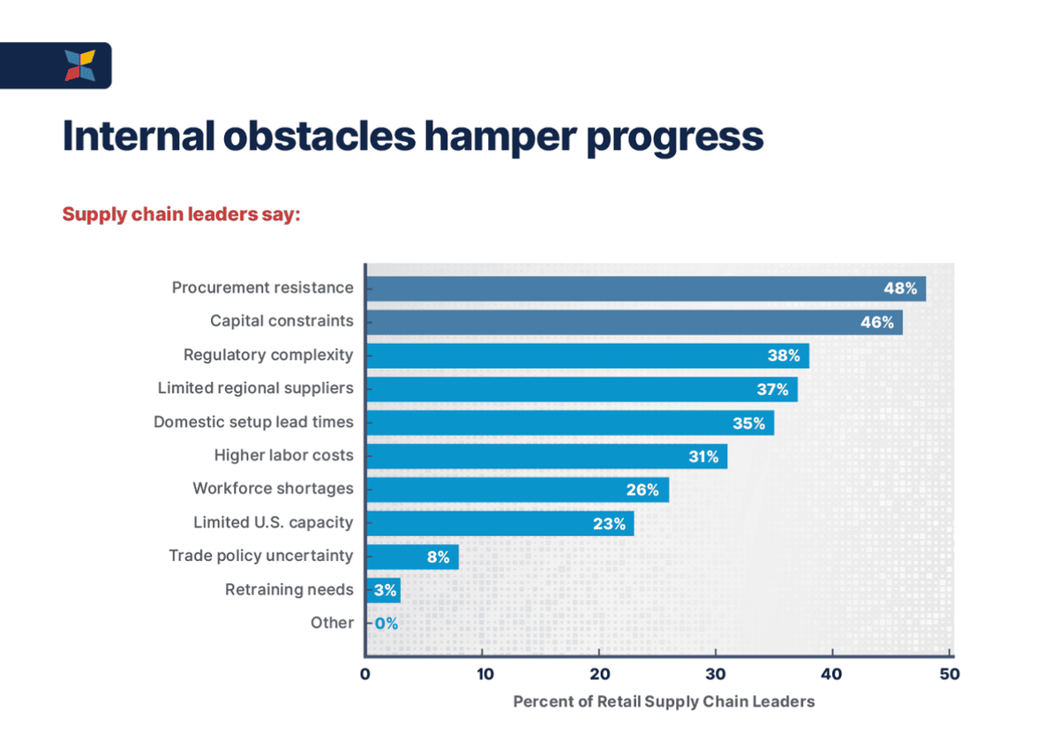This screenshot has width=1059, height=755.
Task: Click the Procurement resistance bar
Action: [646, 288]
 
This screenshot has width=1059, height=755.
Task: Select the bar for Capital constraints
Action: [635, 322]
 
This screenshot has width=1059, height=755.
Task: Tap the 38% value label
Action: [784, 355]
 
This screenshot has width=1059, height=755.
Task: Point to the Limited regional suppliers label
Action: [255, 388]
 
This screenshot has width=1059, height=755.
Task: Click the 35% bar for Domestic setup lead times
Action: [570, 422]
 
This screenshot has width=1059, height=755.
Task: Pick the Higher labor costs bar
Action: [547, 456]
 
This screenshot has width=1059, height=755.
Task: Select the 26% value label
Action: [642, 490]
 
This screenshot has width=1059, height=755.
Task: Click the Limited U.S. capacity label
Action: [274, 522]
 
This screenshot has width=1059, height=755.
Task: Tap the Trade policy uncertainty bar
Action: [413, 557]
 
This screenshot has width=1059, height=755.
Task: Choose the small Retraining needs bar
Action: [383, 591]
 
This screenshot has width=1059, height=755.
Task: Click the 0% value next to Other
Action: [387, 624]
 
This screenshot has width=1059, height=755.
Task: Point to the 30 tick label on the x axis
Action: [716, 674]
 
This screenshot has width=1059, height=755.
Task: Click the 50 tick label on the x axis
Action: [950, 674]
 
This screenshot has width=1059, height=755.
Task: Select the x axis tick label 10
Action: [484, 674]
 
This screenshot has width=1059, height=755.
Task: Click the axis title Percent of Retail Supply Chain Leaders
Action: [664, 701]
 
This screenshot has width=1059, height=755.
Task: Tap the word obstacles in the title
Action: [319, 136]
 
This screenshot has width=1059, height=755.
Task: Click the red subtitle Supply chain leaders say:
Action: [182, 214]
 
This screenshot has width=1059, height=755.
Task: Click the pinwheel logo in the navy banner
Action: [80, 65]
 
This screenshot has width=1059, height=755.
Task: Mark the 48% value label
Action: [900, 288]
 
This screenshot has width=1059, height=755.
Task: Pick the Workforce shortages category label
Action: [273, 489]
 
